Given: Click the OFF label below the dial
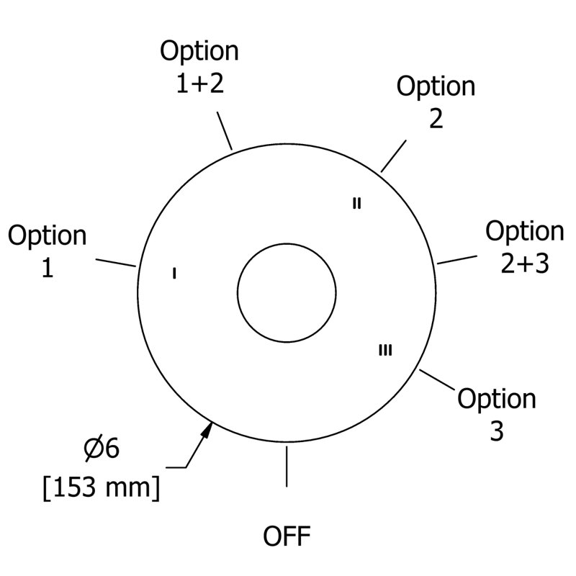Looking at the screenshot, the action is (287, 536).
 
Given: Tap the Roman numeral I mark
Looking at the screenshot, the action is (174, 274).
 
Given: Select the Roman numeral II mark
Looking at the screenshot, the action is (356, 203).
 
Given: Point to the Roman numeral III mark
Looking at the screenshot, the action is (385, 350).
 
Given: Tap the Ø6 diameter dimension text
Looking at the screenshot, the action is (102, 449).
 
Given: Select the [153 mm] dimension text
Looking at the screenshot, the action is (102, 487).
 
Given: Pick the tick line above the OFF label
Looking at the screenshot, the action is (287, 467).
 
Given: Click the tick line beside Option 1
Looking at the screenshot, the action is (116, 263).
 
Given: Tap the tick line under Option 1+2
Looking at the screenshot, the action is (225, 131).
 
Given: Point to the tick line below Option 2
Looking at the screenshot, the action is (393, 156).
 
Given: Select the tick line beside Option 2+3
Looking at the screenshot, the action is (457, 260).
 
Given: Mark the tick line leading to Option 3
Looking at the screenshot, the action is (437, 379).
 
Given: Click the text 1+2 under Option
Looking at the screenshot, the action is (200, 83).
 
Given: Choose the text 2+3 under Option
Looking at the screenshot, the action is (525, 264).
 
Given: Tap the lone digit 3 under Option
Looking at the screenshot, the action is (497, 431).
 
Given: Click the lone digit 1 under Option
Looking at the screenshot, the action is (48, 267).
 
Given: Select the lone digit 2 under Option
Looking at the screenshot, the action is (436, 118).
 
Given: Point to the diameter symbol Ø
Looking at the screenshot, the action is (92, 449).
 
